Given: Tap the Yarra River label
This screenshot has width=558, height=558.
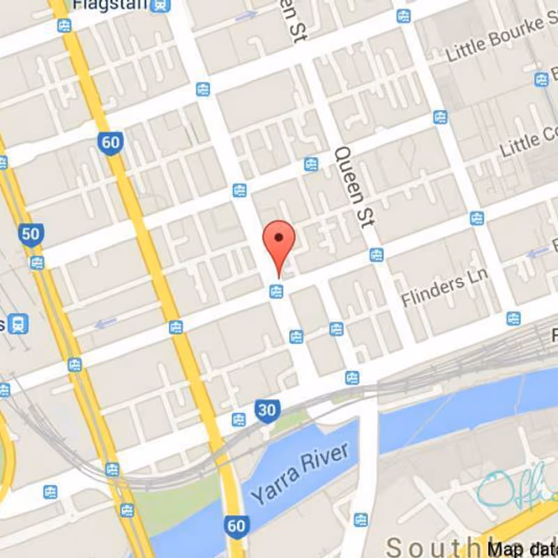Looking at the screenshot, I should [299, 474].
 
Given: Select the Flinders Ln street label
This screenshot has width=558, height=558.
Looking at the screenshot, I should [444, 289].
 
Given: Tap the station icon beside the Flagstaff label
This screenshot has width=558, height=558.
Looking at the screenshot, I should [161, 6].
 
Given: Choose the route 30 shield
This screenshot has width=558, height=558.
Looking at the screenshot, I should [267, 410].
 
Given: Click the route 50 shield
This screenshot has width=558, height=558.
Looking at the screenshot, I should [31, 234].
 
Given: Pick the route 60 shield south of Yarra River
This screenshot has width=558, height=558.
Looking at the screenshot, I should [236, 525].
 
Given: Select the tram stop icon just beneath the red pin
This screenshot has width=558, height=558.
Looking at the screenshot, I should [276, 291].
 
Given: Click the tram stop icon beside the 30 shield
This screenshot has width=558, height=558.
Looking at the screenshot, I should [239, 419].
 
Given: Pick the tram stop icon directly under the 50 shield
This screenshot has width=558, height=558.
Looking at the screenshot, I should [36, 262].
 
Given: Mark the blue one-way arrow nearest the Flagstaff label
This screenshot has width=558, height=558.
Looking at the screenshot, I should [246, 16].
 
